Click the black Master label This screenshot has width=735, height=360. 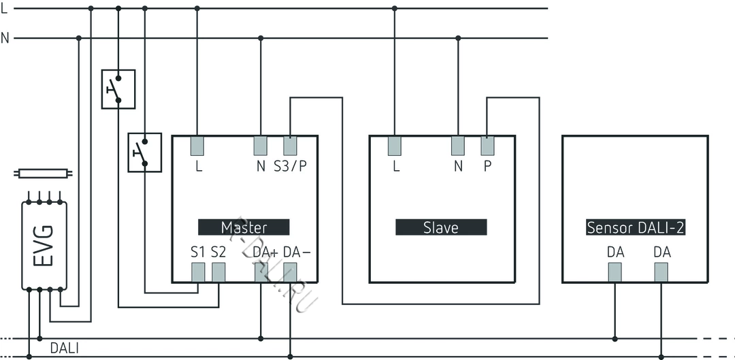(244, 227)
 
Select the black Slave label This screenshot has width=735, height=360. (441, 227)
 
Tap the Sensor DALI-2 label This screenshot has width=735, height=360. (636, 227)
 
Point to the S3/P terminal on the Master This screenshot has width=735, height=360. (291, 146)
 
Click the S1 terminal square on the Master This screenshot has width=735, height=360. (198, 272)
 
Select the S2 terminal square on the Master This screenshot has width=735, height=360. (218, 272)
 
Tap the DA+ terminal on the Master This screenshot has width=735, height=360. (261, 272)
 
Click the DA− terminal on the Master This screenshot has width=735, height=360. (291, 272)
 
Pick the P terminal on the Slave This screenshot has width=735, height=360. (487, 146)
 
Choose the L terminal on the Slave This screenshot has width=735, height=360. (395, 146)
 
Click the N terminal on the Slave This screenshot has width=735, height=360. (458, 146)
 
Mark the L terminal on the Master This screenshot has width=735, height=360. (197, 146)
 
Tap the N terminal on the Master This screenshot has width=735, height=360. (260, 146)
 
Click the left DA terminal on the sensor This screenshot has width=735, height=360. (615, 272)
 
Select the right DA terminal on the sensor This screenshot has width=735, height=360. (661, 272)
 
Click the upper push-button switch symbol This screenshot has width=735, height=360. (118, 89)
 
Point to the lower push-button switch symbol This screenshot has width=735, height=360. (145, 152)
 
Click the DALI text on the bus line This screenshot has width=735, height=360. (65, 348)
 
